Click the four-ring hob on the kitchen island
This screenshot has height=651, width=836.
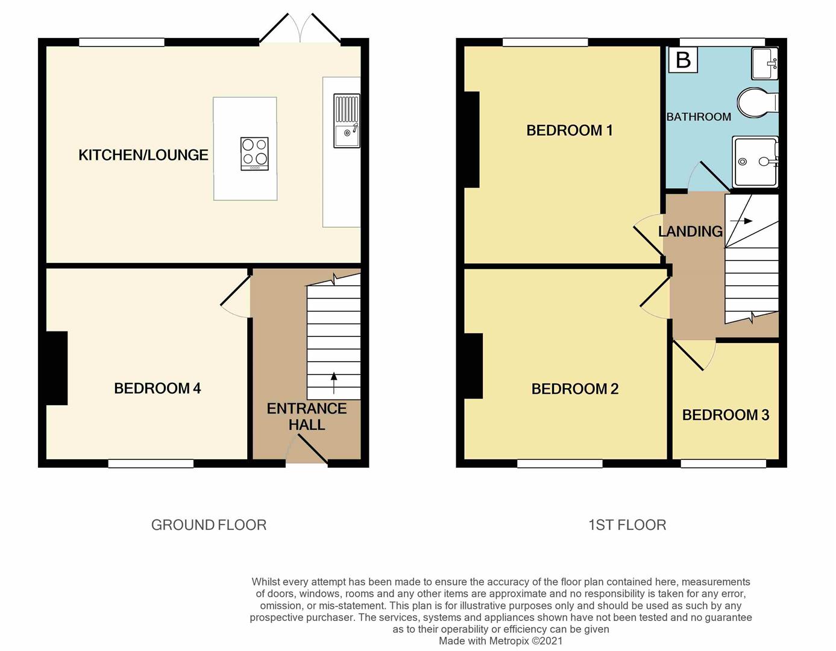(x=254, y=154)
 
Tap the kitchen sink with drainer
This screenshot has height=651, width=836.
(x=347, y=121)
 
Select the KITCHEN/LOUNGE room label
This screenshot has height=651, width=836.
(x=143, y=155)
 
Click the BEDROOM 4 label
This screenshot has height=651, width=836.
(x=157, y=388)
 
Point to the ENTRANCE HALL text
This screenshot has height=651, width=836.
(x=307, y=417)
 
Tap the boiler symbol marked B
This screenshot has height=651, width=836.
(x=683, y=60)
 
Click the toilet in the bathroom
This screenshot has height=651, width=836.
(x=757, y=102)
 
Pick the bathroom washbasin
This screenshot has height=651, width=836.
(x=764, y=63)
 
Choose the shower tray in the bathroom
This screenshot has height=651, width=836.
(x=755, y=162)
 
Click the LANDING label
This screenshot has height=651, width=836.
(x=690, y=231)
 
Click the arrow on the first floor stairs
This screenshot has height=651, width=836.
(x=741, y=221)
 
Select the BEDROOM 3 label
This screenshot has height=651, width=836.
(x=726, y=415)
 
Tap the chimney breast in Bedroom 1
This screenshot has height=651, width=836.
(x=472, y=139)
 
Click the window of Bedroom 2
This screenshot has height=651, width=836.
(x=560, y=464)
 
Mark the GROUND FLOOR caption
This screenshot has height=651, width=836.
(x=209, y=525)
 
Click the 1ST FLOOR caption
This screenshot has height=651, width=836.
(x=627, y=525)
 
